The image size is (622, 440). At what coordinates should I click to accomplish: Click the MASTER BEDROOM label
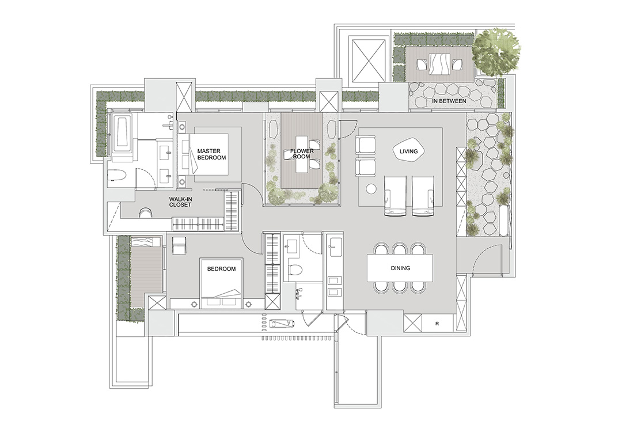click(211, 154)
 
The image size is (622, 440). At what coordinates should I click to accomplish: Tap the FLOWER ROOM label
click(302, 154)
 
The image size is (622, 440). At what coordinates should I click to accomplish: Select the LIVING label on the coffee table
click(408, 151)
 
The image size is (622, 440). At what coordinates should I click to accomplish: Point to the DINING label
click(400, 268)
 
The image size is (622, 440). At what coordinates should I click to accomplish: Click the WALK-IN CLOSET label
click(180, 202)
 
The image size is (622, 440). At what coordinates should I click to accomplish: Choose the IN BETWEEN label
click(449, 101)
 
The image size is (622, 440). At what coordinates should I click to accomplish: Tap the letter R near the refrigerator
click(437, 324)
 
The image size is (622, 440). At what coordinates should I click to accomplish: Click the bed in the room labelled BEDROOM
click(221, 283)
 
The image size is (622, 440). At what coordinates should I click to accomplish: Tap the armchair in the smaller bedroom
click(179, 244)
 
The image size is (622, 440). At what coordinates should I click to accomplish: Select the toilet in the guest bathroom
click(295, 270)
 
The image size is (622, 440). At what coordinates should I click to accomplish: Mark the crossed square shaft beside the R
click(413, 323)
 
